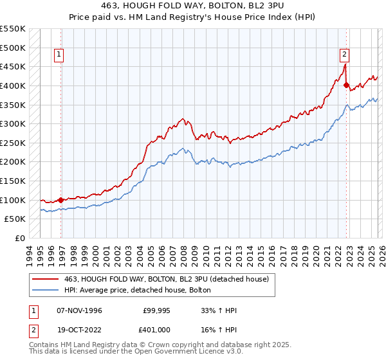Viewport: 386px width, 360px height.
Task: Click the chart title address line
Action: click(x=193, y=4)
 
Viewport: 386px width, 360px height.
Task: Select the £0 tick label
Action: click(x=20, y=238)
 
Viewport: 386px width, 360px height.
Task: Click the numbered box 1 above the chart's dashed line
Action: click(x=59, y=55)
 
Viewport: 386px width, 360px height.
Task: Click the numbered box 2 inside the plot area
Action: click(x=345, y=55)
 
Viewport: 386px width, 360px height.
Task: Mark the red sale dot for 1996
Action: click(x=61, y=200)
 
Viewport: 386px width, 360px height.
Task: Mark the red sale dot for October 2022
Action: click(x=346, y=85)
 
